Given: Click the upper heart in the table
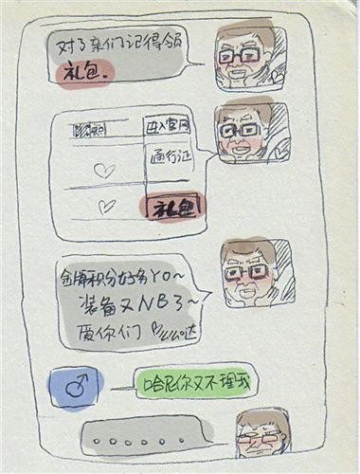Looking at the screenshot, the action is pyautogui.click(x=104, y=171).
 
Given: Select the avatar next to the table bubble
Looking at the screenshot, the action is pyautogui.click(x=243, y=131).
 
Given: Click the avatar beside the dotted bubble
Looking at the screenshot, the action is pyautogui.click(x=260, y=436).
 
